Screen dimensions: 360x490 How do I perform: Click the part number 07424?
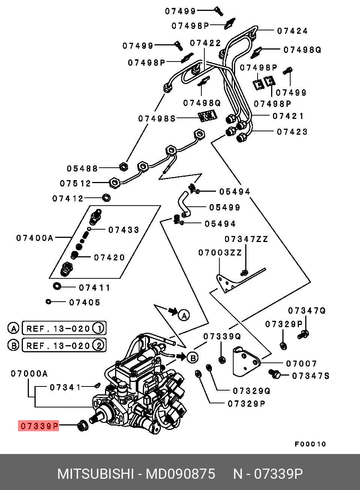(x=292, y=31)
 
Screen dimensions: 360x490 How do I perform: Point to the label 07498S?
(x=157, y=119)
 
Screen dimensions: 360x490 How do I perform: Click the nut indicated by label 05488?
(x=124, y=167)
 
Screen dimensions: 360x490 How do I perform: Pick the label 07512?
(x=75, y=183)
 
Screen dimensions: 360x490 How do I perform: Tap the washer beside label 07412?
(x=106, y=198)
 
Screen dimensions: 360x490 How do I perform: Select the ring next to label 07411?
(x=57, y=286)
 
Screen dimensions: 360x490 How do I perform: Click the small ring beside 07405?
(x=48, y=302)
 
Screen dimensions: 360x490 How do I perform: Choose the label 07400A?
(x=35, y=238)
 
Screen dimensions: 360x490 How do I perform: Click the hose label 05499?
(x=225, y=207)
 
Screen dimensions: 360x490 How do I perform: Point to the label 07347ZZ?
(x=246, y=239)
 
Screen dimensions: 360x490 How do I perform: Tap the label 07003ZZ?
(x=220, y=253)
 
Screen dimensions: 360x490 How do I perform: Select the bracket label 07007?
(x=301, y=364)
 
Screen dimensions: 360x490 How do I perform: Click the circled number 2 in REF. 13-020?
(x=99, y=346)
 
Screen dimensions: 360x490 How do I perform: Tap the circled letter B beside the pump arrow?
(x=193, y=358)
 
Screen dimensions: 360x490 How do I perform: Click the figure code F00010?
(x=310, y=444)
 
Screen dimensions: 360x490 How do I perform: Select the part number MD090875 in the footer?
(x=180, y=474)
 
